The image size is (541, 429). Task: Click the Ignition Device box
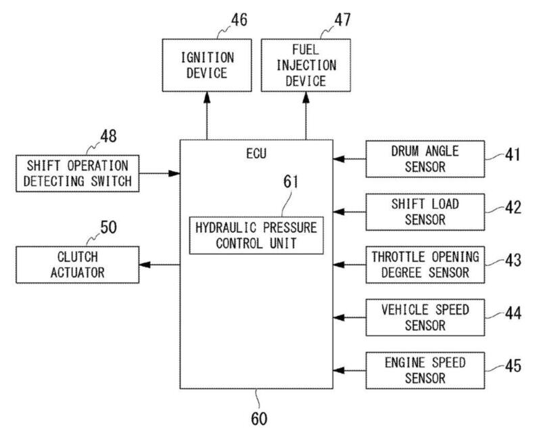206,66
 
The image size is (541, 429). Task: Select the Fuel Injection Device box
306,65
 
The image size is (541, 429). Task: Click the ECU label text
256,154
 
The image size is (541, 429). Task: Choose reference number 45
513,366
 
